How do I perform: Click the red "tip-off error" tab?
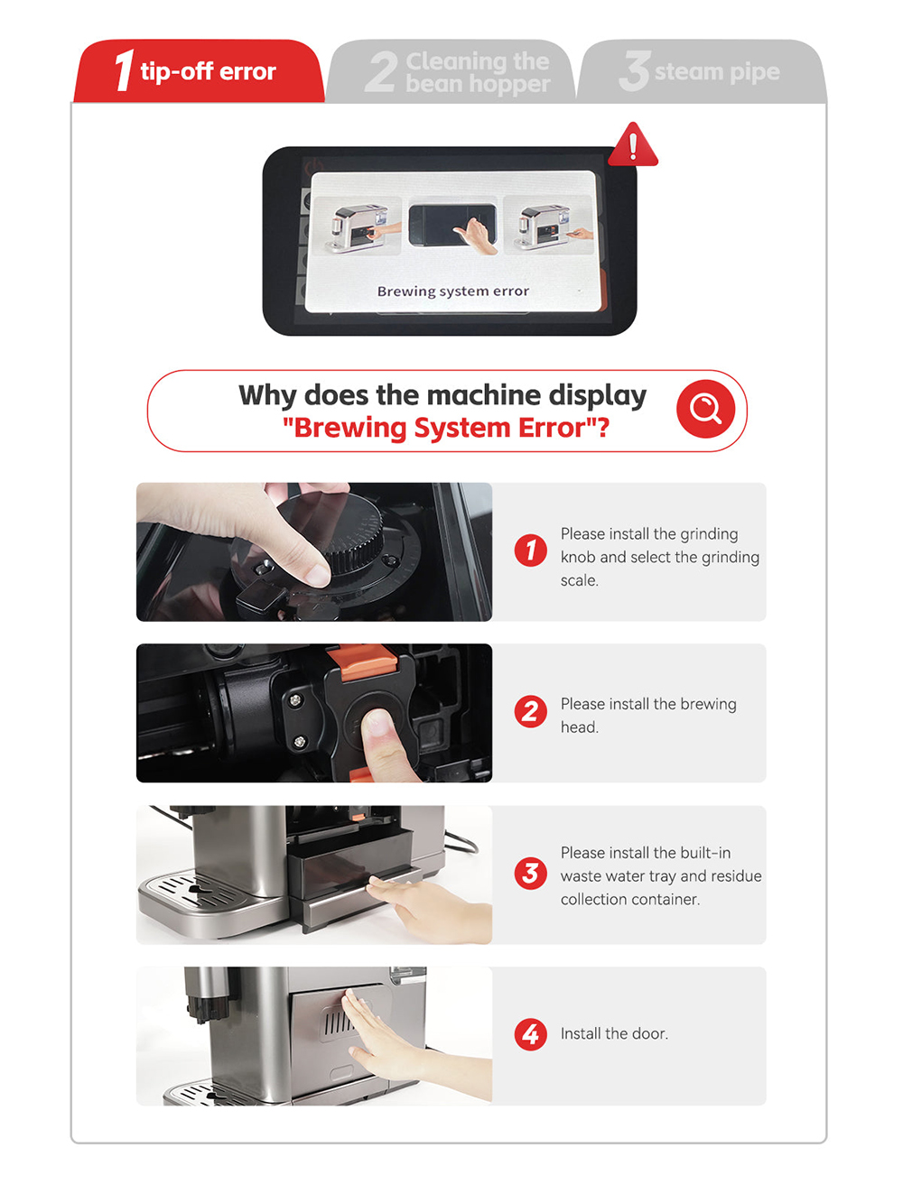pyautogui.click(x=199, y=70)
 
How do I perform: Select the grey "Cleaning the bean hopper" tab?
pyautogui.click(x=451, y=70)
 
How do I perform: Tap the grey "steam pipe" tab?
pyautogui.click(x=702, y=70)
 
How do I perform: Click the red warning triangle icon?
pyautogui.click(x=633, y=144)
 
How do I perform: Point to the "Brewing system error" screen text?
pyautogui.click(x=453, y=291)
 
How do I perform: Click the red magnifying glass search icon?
pyautogui.click(x=705, y=409)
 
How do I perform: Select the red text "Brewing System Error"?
pyautogui.click(x=446, y=428)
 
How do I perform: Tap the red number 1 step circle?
pyautogui.click(x=530, y=550)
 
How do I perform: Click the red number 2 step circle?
pyautogui.click(x=530, y=711)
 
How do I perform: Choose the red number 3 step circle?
pyautogui.click(x=530, y=873)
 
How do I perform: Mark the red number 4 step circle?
pyautogui.click(x=530, y=1034)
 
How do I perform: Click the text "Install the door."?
pyautogui.click(x=614, y=1033)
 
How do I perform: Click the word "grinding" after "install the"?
pyautogui.click(x=708, y=534)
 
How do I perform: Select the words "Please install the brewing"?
pyautogui.click(x=648, y=704)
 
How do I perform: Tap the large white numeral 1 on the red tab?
pyautogui.click(x=125, y=70)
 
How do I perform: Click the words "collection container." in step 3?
pyautogui.click(x=630, y=900)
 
